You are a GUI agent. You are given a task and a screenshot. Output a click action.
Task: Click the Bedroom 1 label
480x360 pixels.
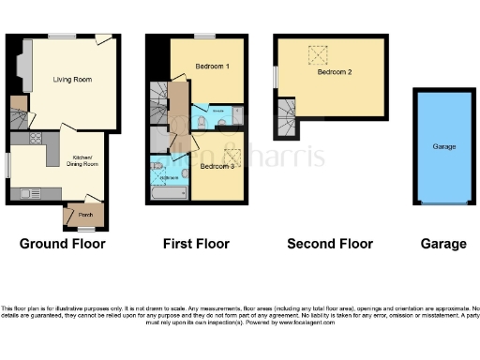pos(213,67)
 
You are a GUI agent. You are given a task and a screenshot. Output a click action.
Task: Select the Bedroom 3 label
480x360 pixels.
pos(217,166)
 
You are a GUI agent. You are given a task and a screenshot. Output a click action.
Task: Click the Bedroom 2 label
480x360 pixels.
pos(334,72)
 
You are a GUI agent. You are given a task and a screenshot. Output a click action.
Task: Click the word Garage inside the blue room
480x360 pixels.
pos(443,147)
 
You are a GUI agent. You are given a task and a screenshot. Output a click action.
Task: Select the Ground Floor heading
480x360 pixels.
pos(63,244)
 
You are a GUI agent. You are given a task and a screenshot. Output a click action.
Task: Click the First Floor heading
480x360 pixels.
pos(196,244)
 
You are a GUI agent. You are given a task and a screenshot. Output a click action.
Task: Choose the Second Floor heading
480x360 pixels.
pos(330,244)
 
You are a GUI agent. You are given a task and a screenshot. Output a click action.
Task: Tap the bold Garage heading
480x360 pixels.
pos(443,244)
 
